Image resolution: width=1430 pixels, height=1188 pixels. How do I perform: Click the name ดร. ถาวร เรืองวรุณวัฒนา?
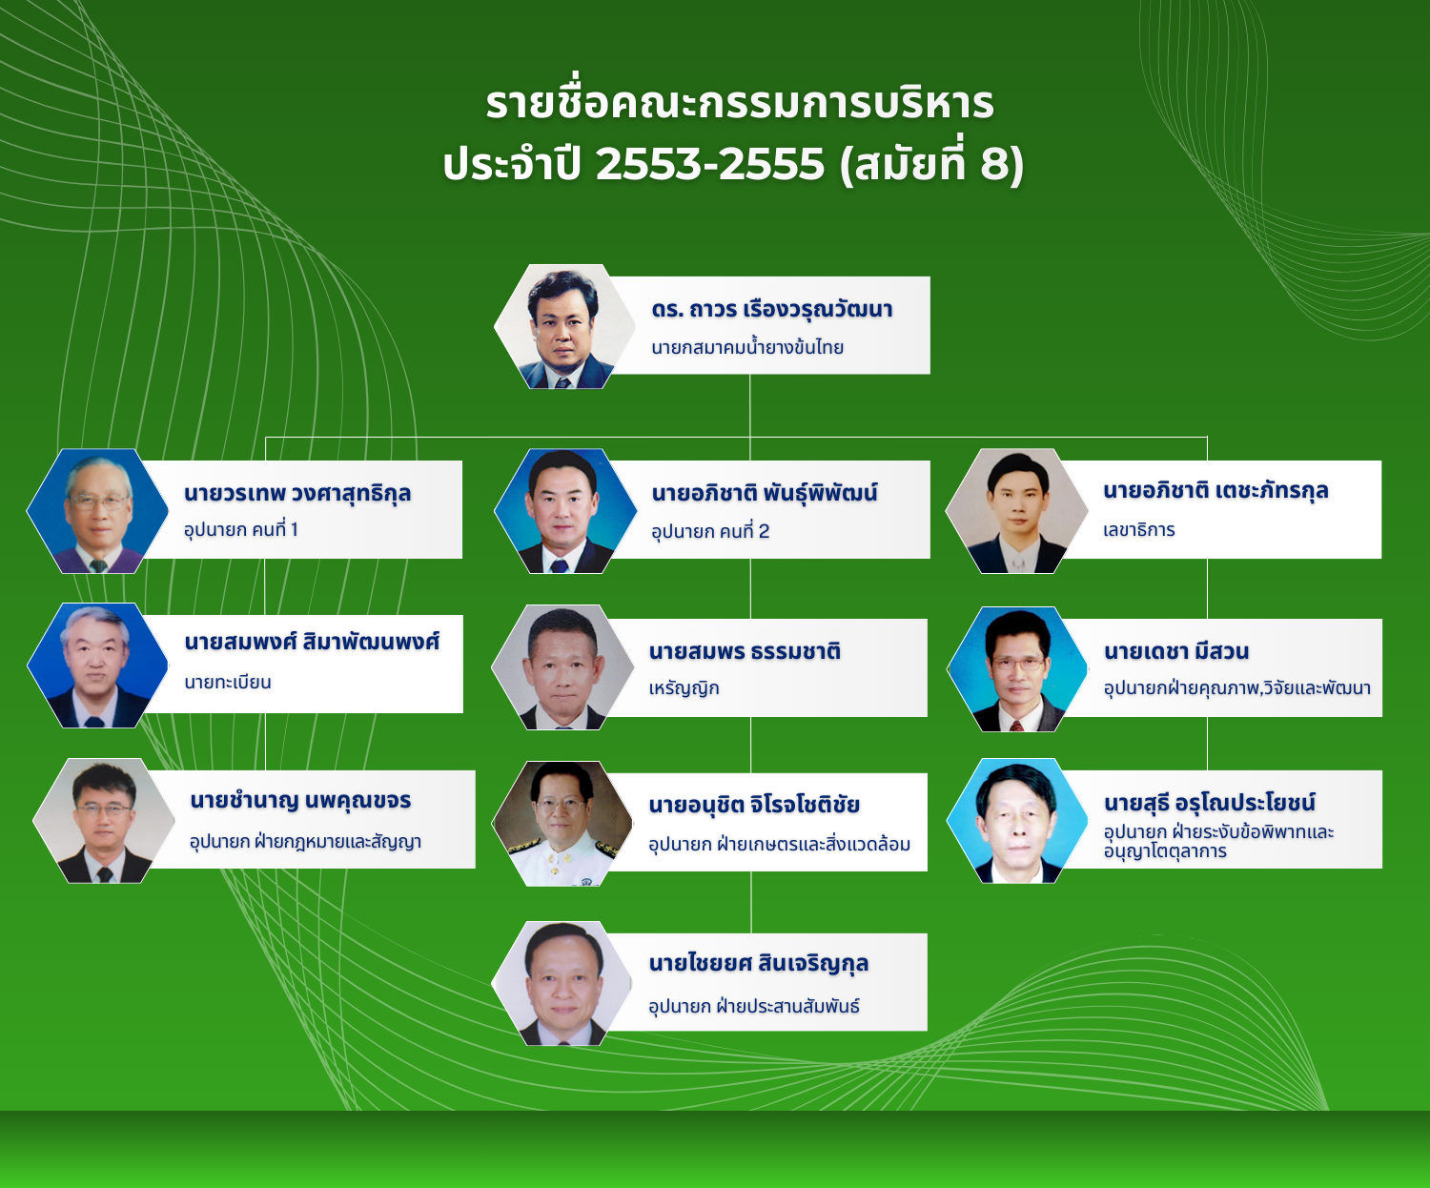tap(771, 310)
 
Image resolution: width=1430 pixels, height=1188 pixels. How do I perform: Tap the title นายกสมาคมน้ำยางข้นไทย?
tap(747, 348)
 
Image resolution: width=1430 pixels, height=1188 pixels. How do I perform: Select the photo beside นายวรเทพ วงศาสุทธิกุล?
tap(97, 511)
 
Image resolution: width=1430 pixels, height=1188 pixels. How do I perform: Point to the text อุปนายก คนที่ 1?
tap(241, 530)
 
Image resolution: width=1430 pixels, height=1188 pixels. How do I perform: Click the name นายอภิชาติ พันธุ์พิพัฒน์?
tap(765, 494)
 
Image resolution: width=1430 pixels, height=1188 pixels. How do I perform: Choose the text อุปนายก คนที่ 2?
tap(710, 532)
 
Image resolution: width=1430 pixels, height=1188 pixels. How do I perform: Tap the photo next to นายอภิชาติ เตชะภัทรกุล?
tap(1017, 511)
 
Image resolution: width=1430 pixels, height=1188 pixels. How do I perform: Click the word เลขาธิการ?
tap(1139, 530)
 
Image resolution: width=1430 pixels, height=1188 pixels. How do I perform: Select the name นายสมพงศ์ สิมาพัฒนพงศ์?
tap(312, 642)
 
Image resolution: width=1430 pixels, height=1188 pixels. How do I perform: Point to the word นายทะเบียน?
tap(228, 683)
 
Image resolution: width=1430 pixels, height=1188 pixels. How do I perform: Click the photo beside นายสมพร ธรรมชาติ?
tap(562, 667)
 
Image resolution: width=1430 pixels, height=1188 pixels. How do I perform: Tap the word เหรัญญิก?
tap(684, 688)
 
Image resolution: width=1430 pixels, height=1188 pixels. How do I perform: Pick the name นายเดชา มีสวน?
tap(1176, 652)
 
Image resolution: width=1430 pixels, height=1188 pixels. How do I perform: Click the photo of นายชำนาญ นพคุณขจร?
tap(103, 821)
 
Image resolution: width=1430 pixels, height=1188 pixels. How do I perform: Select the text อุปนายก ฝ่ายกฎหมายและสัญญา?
tap(305, 842)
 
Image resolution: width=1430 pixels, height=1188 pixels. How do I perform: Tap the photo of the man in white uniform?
tap(562, 824)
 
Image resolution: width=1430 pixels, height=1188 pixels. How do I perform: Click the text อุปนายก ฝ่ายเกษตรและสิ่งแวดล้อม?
tap(779, 845)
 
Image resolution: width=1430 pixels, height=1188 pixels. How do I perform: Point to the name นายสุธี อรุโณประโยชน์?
tap(1210, 803)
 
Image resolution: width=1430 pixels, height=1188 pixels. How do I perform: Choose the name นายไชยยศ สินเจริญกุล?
tap(759, 964)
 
